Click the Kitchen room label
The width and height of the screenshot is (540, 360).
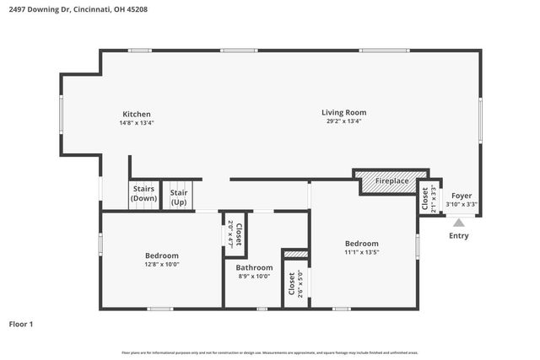point(136,114)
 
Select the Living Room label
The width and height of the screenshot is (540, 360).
point(343,112)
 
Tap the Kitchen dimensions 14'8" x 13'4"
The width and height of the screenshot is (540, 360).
point(136,123)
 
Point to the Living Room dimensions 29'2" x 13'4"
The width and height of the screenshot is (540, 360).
point(343,121)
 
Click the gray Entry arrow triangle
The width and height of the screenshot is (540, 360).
point(458,223)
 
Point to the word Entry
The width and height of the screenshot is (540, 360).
point(458,236)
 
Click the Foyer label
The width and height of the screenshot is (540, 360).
point(462,196)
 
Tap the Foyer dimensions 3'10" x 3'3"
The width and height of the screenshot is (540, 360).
point(462,204)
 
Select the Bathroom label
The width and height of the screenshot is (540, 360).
point(254,267)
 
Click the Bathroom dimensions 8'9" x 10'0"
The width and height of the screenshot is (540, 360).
point(254,277)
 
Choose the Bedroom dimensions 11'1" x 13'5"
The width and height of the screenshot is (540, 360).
point(367,251)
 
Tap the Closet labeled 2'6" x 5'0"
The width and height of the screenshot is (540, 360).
point(293,285)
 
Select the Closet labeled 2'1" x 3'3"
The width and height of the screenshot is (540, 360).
point(428,198)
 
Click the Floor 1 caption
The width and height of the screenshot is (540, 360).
point(21,324)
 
